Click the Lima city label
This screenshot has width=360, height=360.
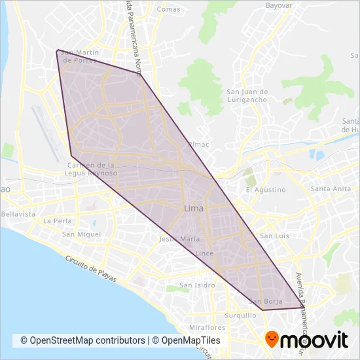[x=194, y=209]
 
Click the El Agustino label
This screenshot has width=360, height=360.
[x=266, y=190]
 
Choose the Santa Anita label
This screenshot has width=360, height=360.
[x=331, y=189]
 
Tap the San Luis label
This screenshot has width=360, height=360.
[x=274, y=236]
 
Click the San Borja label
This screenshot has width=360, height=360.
[x=266, y=301]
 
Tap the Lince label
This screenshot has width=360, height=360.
[x=205, y=253]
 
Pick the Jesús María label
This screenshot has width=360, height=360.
[x=180, y=240]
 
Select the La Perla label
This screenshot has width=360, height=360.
[x=57, y=221]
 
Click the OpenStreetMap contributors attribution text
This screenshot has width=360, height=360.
[x=82, y=340]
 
